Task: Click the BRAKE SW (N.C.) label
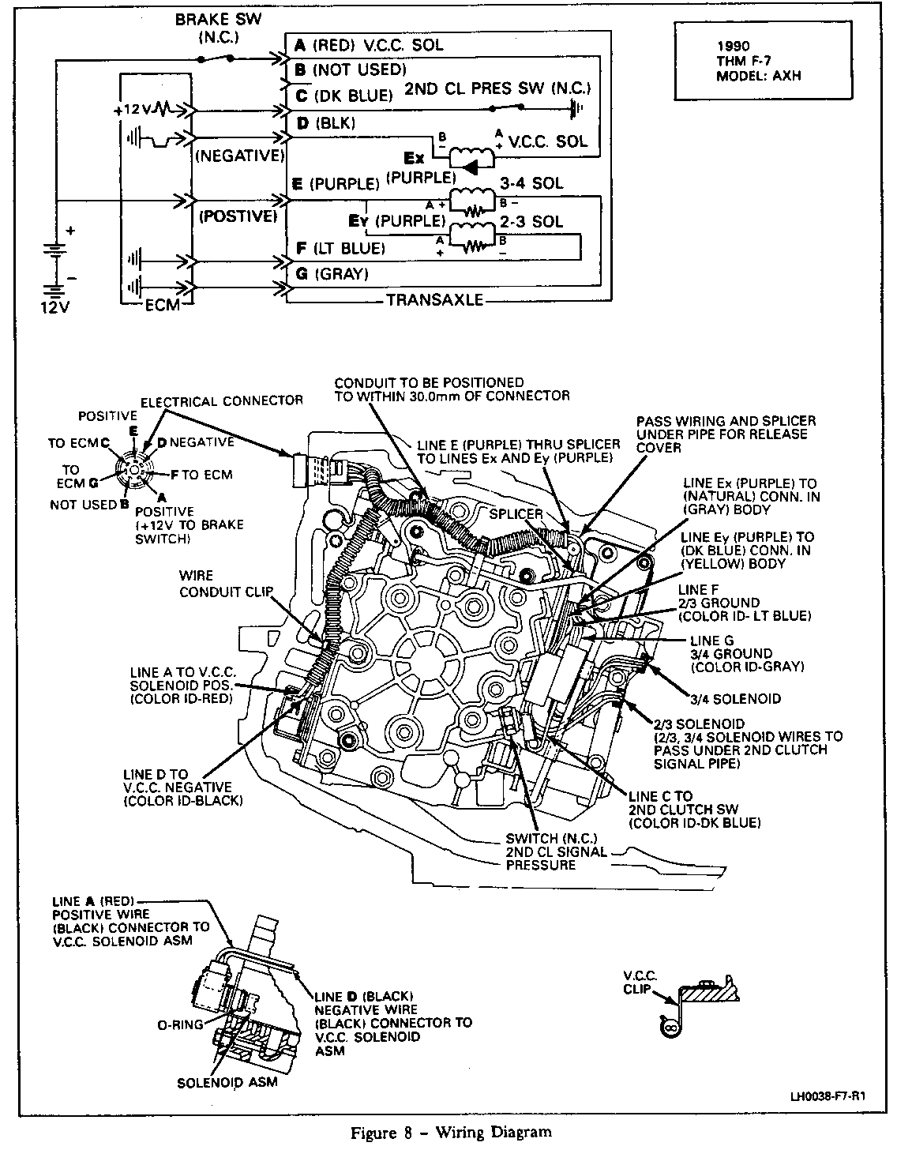click(208, 27)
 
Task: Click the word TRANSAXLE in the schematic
click(434, 300)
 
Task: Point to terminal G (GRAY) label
click(332, 274)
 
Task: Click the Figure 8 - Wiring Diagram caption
click(451, 1132)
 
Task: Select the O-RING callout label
click(178, 1024)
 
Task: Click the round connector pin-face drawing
click(134, 472)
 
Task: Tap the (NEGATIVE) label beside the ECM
click(238, 156)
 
